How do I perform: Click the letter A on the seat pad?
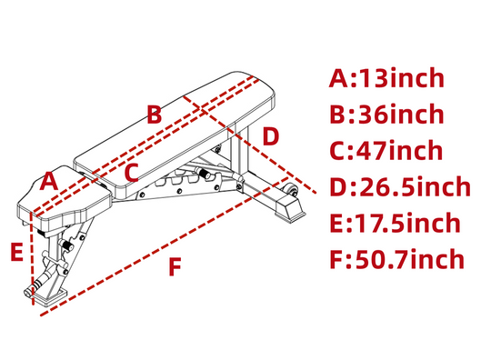pyautogui.click(x=49, y=181)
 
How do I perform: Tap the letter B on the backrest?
pyautogui.click(x=155, y=114)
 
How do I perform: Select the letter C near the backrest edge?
pyautogui.click(x=131, y=173)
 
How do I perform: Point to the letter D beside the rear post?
pyautogui.click(x=271, y=136)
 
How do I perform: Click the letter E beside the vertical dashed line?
pyautogui.click(x=17, y=252)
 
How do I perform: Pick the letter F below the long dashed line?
pyautogui.click(x=175, y=266)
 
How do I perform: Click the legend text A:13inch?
pyautogui.click(x=386, y=77)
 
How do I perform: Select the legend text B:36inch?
pyautogui.click(x=386, y=114)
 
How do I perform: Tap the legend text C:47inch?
pyautogui.click(x=386, y=150)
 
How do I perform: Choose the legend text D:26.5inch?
pyautogui.click(x=400, y=186)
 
